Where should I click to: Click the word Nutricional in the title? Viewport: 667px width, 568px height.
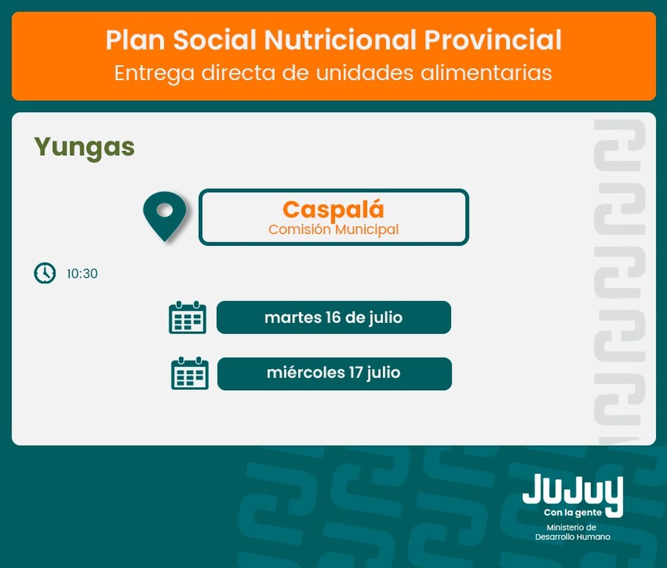click(340, 40)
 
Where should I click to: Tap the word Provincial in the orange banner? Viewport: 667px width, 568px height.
click(493, 40)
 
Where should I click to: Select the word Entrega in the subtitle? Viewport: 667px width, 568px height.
click(155, 73)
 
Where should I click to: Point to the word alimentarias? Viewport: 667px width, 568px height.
click(486, 73)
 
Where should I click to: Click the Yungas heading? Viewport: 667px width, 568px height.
click(84, 148)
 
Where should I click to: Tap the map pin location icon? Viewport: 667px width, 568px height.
click(165, 216)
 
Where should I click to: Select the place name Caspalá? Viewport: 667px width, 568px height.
click(333, 210)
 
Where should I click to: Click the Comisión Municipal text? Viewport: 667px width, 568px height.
click(333, 230)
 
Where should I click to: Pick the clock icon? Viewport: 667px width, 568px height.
click(45, 273)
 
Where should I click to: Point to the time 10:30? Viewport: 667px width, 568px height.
click(82, 274)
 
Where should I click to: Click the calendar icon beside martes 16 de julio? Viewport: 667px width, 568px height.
click(187, 317)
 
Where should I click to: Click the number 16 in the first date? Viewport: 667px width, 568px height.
click(333, 318)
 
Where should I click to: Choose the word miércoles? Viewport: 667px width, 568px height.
click(306, 373)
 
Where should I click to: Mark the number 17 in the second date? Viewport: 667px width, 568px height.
click(356, 373)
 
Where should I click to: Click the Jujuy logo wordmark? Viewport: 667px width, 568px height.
click(573, 491)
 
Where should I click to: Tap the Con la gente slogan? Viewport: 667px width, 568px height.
click(573, 512)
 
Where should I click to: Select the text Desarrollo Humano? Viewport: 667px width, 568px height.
click(573, 537)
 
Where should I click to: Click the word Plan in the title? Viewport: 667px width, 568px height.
click(135, 40)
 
